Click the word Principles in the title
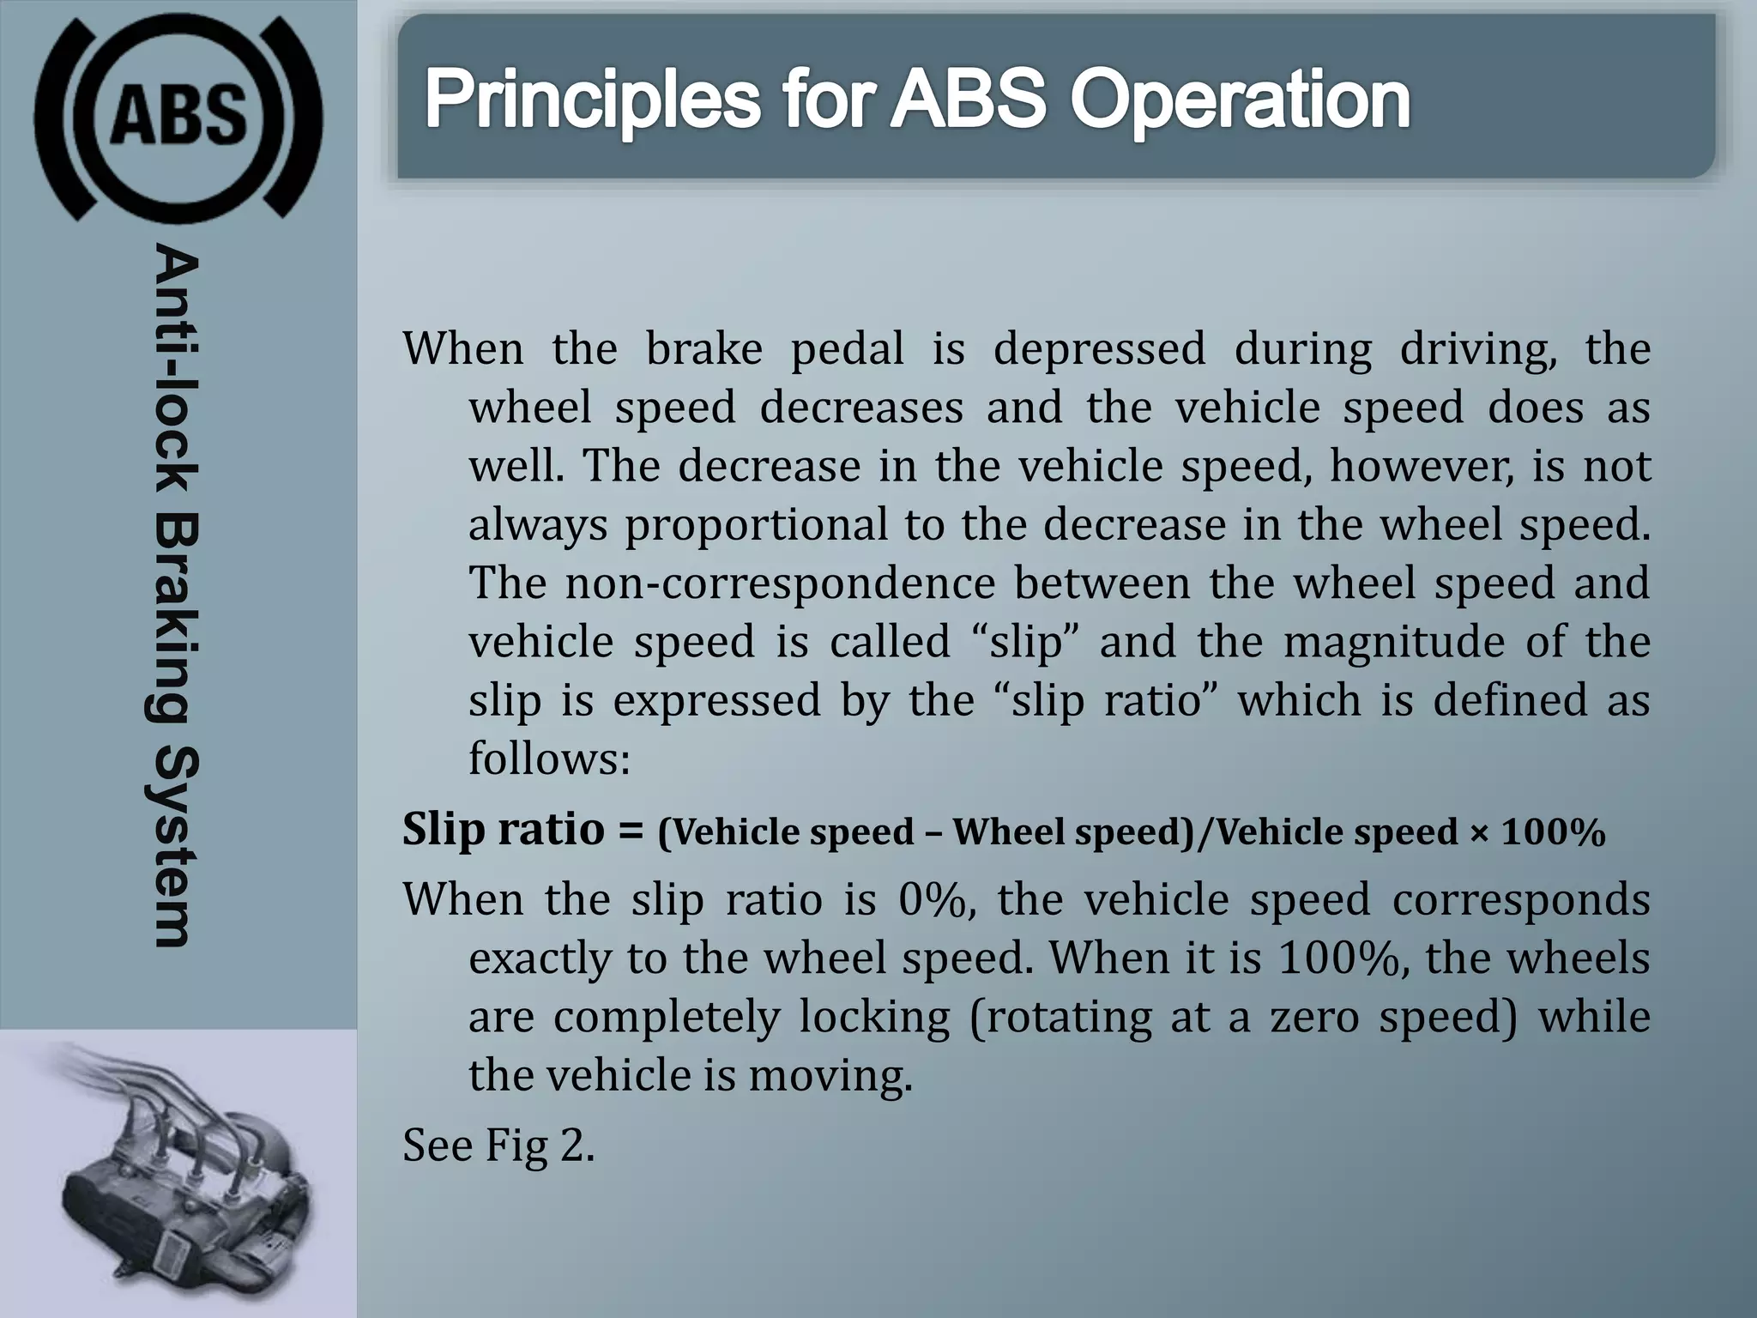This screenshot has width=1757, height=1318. coord(592,101)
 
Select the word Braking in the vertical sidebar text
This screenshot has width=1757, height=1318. coord(175,618)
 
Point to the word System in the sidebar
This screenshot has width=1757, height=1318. coord(175,845)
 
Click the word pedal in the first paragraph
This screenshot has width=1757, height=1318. coord(847,349)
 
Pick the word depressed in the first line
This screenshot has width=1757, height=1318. coord(1099,349)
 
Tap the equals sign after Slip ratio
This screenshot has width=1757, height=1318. coord(631,830)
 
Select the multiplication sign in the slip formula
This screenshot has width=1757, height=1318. coord(1479,831)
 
